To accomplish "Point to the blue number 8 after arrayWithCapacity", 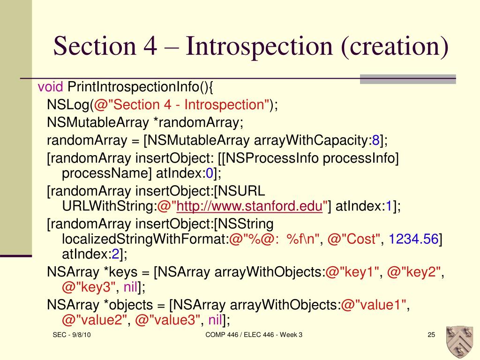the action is click(x=375, y=140).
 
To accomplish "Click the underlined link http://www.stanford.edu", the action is click(x=251, y=206).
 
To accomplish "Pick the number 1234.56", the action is click(x=413, y=239).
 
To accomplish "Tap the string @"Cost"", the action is click(x=354, y=239).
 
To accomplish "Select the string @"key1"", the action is click(x=352, y=272).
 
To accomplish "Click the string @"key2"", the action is click(x=415, y=272).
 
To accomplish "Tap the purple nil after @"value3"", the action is click(x=215, y=321).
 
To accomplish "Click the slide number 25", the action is click(x=431, y=335).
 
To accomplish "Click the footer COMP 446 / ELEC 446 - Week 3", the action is click(x=254, y=335).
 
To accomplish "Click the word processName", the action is click(x=106, y=174).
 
